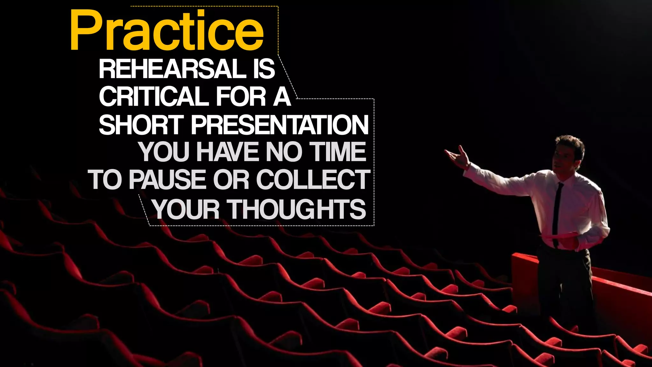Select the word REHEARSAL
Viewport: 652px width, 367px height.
click(x=172, y=69)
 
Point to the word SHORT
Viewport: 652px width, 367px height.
click(x=141, y=125)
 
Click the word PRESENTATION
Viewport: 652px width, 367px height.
click(x=280, y=125)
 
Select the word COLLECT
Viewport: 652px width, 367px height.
click(x=313, y=179)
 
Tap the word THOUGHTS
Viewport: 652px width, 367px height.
click(x=298, y=209)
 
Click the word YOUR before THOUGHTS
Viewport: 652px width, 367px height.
click(x=186, y=209)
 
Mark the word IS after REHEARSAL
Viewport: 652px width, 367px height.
click(x=264, y=69)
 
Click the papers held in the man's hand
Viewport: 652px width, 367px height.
click(x=560, y=236)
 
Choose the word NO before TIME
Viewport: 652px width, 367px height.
click(x=284, y=152)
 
